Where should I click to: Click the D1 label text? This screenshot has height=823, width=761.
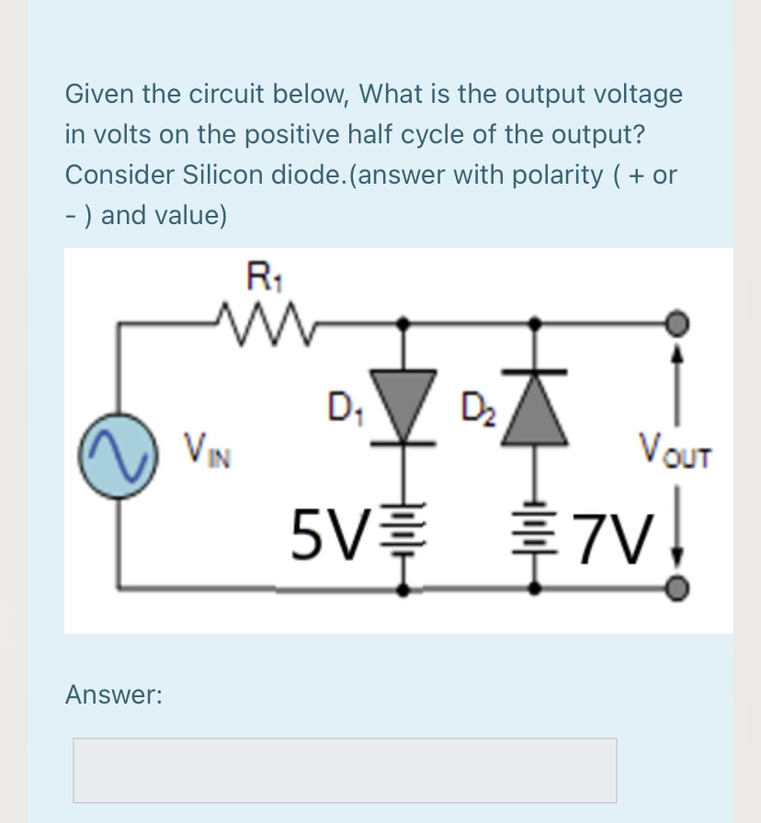coord(344,405)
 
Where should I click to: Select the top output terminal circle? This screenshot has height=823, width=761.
coord(678,322)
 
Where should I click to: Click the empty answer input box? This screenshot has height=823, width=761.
coord(345,770)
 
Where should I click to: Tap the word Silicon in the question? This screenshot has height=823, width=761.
coord(211,175)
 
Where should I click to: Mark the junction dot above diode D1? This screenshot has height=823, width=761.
coord(402,322)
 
